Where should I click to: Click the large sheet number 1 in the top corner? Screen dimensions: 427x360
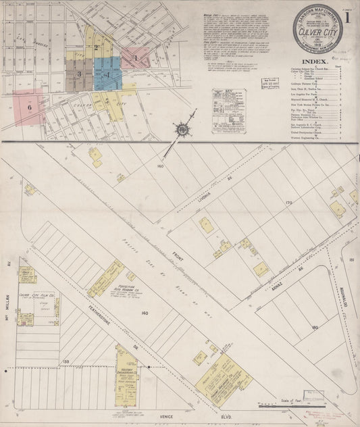(347, 19)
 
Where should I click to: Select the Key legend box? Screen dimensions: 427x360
(228, 110)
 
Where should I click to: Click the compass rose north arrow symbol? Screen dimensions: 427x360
(182, 128)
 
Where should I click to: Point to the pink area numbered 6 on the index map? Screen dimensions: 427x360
(29, 106)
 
